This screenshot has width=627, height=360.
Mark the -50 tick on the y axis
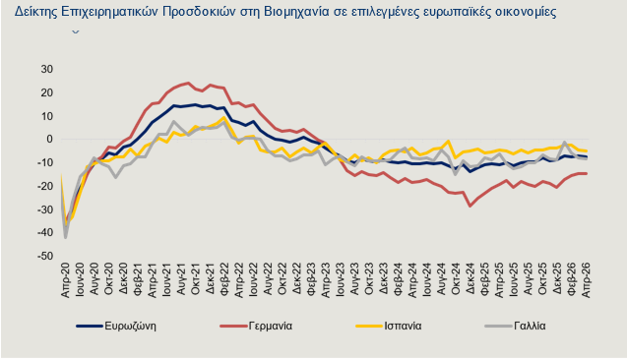tap(44, 256)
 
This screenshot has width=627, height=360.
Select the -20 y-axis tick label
tap(44, 186)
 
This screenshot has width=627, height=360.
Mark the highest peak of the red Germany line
tap(188, 83)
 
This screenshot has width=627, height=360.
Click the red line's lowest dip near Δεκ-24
tap(470, 205)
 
